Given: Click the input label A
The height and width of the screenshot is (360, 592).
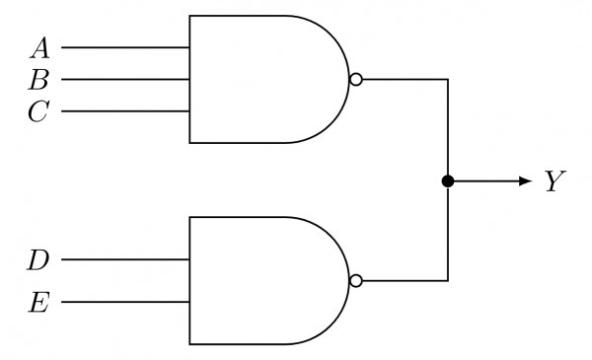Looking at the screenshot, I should [40, 46].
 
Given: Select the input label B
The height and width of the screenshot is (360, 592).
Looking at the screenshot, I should [40, 79].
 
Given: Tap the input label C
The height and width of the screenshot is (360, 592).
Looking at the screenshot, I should [38, 111].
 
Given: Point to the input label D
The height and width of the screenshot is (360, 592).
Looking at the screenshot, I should [38, 260].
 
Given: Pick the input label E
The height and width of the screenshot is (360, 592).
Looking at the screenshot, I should [38, 302].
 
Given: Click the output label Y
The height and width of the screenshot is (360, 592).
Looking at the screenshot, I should [554, 182].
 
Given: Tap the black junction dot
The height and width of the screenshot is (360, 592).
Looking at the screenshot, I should [448, 181].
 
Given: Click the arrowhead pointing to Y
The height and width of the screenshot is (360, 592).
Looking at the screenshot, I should [524, 181].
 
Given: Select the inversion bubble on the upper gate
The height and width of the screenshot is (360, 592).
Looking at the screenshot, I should [355, 79].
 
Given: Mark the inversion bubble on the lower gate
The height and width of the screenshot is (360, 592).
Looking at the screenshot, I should [355, 281].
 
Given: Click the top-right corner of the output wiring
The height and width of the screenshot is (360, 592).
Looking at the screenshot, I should [448, 79].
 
